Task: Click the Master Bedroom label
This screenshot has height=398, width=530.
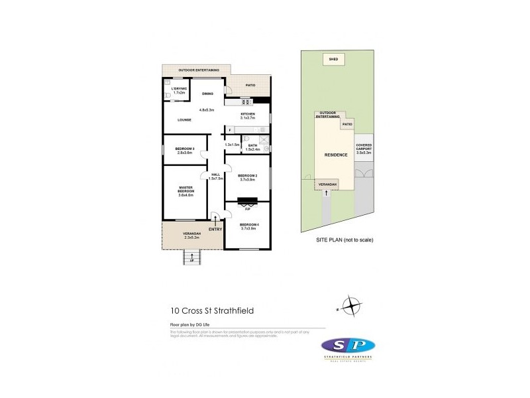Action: pos(185,190)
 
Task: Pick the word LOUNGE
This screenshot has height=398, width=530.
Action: pos(185,119)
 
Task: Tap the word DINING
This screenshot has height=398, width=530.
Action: pos(207,94)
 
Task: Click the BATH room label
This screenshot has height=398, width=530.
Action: pos(252,147)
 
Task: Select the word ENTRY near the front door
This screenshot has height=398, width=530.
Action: pos(215,230)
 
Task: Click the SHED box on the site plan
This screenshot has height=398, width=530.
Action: pos(334,60)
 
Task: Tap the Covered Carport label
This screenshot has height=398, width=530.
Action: pos(364,149)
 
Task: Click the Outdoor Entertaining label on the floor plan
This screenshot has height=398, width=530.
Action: pos(195,69)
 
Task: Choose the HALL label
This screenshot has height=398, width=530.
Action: pos(215,176)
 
